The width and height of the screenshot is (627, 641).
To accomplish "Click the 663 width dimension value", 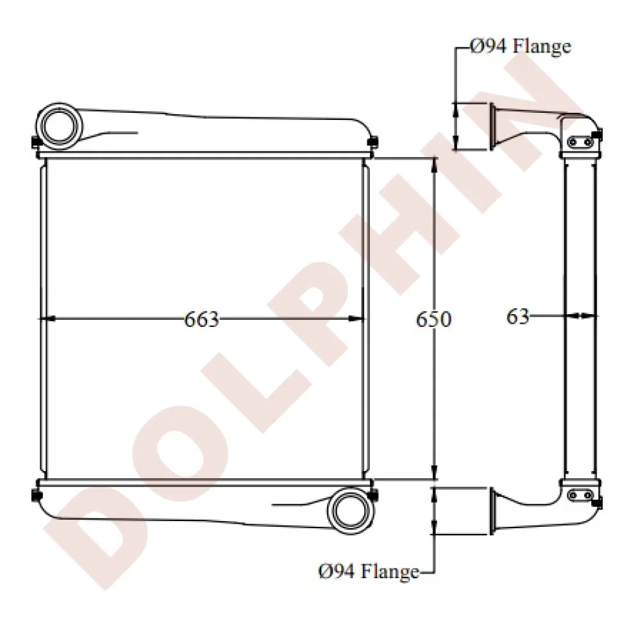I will coord(202,319).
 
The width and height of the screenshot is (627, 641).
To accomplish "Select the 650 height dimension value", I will coord(434,319).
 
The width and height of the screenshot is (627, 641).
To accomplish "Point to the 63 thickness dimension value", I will coord(518,316).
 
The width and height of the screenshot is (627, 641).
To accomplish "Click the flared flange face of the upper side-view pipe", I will coord(493,126).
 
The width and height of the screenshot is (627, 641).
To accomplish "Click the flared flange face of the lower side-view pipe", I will coord(493,511).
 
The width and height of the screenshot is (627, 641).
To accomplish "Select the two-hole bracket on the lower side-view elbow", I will coord(579,494).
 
